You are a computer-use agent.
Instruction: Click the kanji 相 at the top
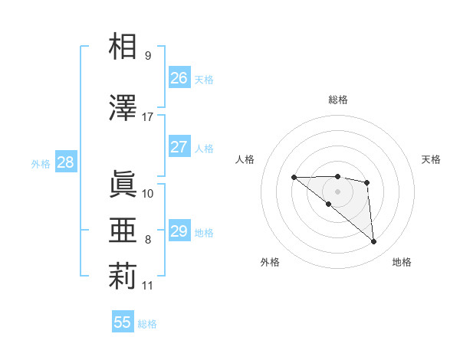pos(124,47)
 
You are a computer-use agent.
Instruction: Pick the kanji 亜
pos(124,231)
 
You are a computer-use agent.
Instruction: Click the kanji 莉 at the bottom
pos(124,277)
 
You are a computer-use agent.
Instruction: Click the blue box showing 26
pos(179,78)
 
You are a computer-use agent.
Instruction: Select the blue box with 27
pos(179,147)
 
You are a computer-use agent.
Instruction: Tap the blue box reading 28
pos(65,162)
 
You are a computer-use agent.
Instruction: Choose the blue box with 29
pos(179,231)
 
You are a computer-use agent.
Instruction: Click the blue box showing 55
pos(123,322)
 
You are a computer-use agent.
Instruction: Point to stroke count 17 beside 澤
pos(148,117)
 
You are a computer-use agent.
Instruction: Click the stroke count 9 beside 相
pos(148,56)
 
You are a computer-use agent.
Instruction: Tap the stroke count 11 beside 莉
pos(148,286)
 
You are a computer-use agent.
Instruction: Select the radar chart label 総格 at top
pos(337,100)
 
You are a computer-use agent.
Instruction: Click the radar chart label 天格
pos(431,159)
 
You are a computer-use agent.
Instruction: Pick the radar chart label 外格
pos(270,262)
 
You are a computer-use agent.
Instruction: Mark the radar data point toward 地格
pos(374,242)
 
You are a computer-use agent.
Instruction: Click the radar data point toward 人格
pos(294,178)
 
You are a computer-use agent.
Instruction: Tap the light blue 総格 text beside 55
pos(147,324)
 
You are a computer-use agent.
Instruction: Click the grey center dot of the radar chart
pos(337,191)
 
